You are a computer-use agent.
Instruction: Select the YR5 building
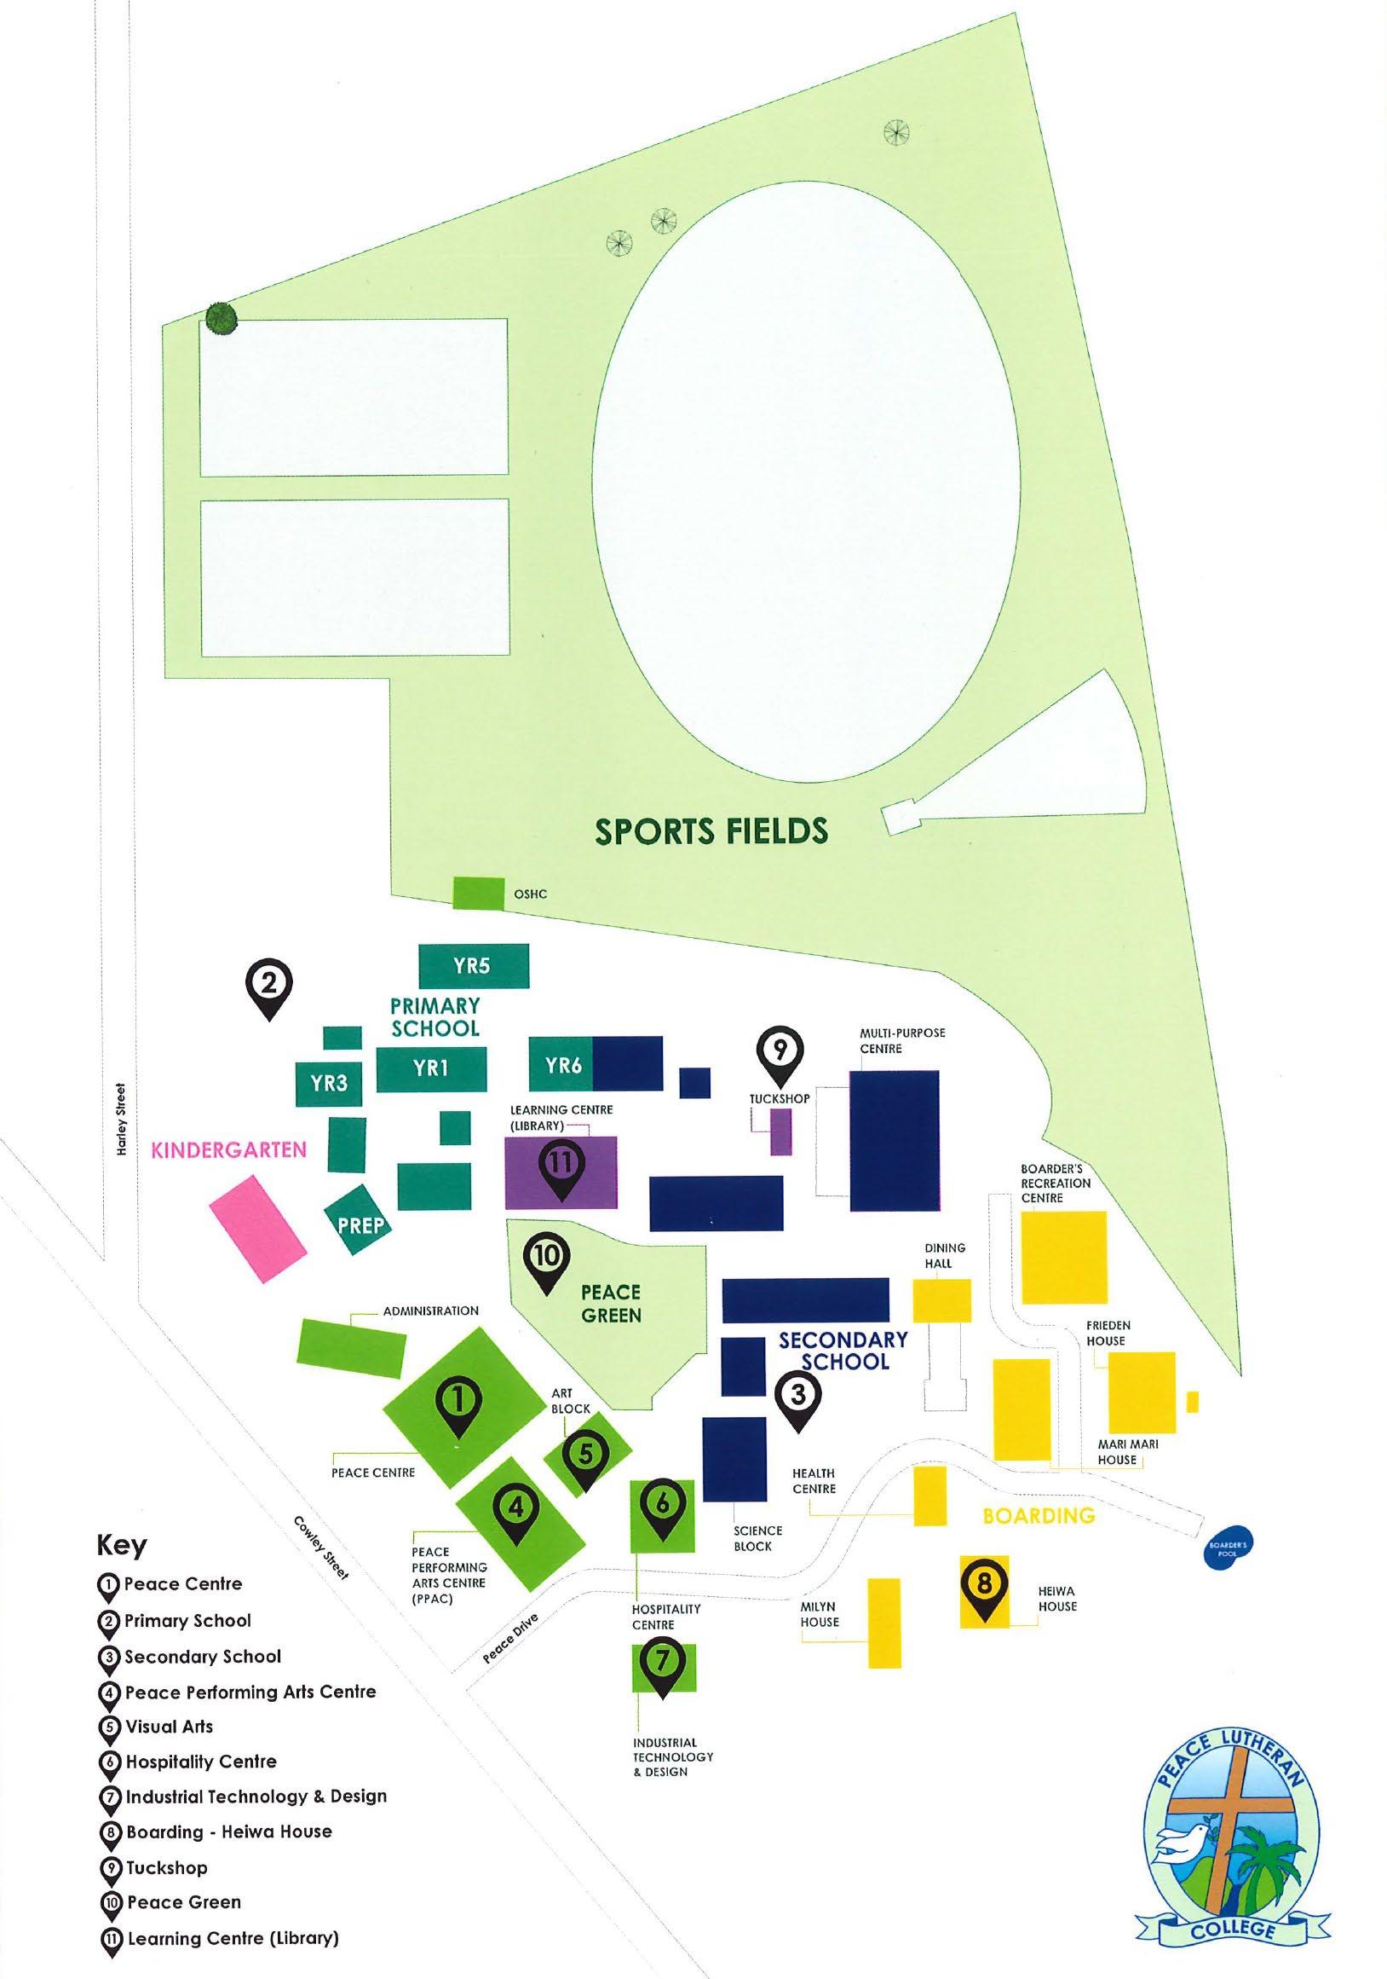click(473, 966)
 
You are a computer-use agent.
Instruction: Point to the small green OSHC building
click(478, 892)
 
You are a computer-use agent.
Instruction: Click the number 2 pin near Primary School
click(268, 986)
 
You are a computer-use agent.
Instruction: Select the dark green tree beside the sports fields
click(221, 319)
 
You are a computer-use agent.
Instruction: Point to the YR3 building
click(328, 1084)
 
